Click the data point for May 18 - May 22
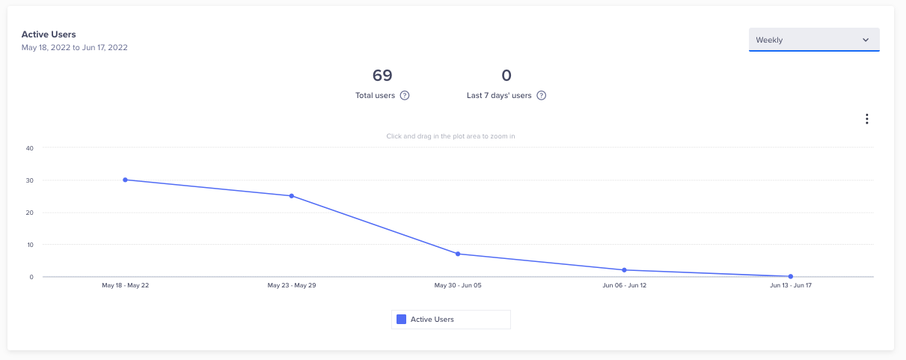pyautogui.click(x=125, y=180)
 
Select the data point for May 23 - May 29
pyautogui.click(x=292, y=196)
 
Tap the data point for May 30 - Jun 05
pyautogui.click(x=458, y=254)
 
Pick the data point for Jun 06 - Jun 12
pyautogui.click(x=624, y=269)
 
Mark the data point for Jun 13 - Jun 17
pyautogui.click(x=790, y=276)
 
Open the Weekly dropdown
pyautogui.click(x=814, y=40)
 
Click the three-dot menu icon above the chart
pyautogui.click(x=866, y=119)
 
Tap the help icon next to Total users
pyautogui.click(x=405, y=96)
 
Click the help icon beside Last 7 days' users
pyautogui.click(x=542, y=96)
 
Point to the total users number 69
pyautogui.click(x=382, y=76)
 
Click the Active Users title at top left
pyautogui.click(x=49, y=34)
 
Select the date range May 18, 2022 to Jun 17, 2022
pyautogui.click(x=74, y=47)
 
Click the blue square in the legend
pyautogui.click(x=401, y=320)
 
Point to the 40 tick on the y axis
pyautogui.click(x=30, y=148)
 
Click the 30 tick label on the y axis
pyautogui.click(x=30, y=180)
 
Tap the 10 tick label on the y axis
pyautogui.click(x=30, y=245)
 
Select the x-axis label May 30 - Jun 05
pyautogui.click(x=458, y=286)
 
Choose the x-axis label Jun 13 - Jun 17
pyautogui.click(x=790, y=286)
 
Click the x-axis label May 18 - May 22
pyautogui.click(x=125, y=286)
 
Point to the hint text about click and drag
pyautogui.click(x=450, y=136)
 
